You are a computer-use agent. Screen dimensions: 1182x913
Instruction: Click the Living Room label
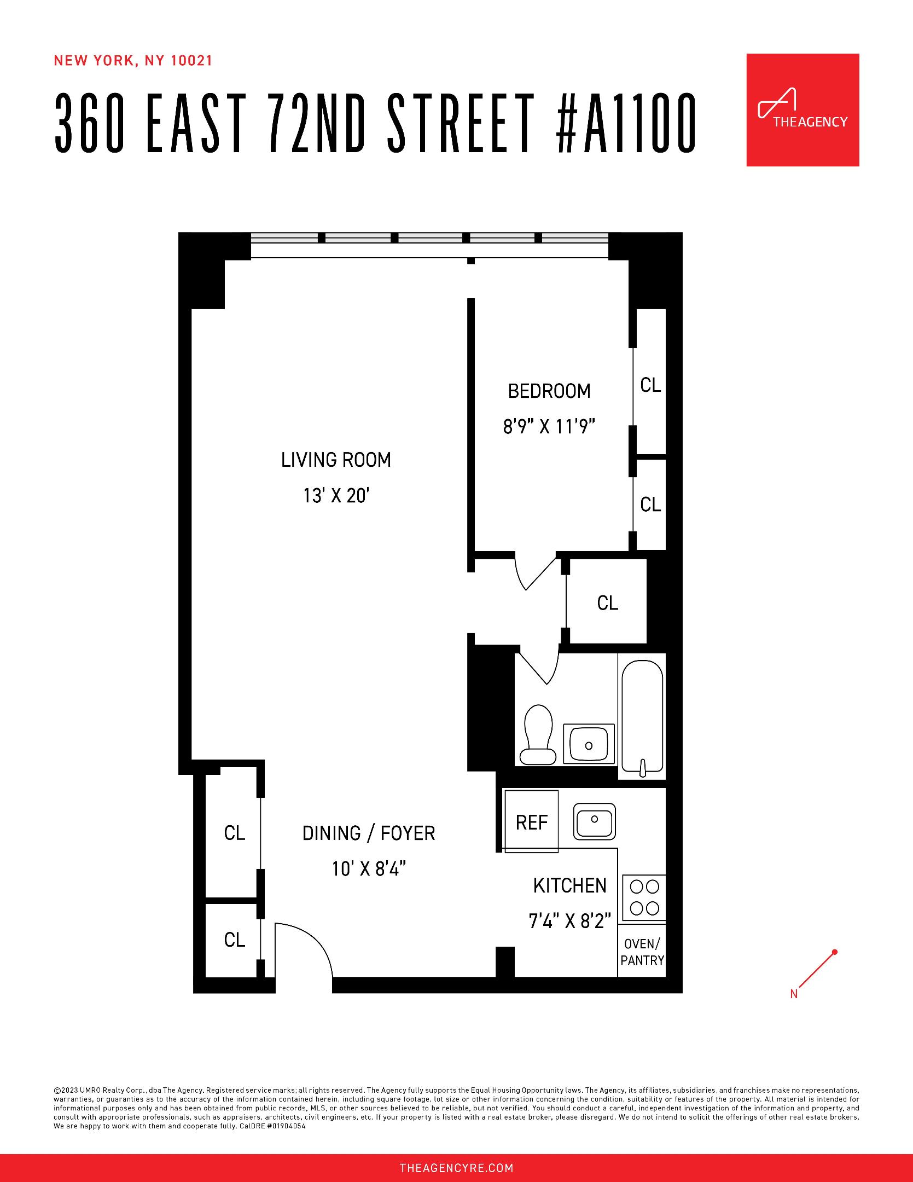point(336,460)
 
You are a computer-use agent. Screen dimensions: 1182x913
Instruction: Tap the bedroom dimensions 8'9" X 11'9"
point(549,426)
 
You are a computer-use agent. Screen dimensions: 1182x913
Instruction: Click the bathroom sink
point(589,744)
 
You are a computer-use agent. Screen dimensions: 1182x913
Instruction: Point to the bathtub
point(642,717)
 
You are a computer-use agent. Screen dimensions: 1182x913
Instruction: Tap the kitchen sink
point(594,821)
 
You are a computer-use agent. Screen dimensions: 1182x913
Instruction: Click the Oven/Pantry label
point(642,952)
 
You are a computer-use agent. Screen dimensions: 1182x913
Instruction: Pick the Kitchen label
point(570,885)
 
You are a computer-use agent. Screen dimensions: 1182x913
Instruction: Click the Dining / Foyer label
point(369,833)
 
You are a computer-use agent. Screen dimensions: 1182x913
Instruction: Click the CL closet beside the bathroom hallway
point(607,603)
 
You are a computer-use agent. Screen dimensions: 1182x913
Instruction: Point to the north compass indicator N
point(794,994)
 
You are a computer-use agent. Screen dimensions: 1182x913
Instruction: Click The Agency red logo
point(802,110)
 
